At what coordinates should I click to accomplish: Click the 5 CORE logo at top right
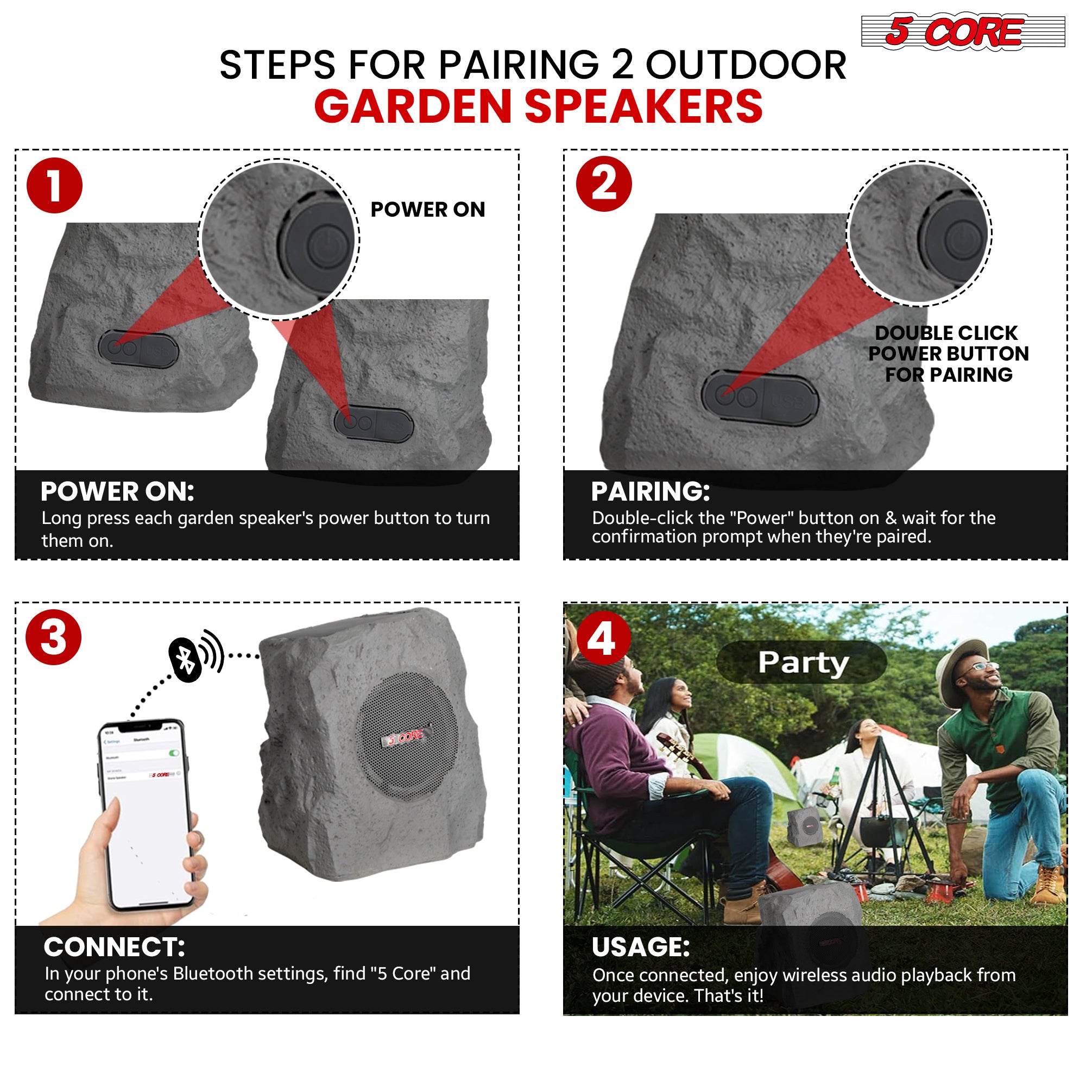(962, 32)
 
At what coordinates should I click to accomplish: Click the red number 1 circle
(54, 186)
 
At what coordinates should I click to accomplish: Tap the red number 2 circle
(604, 184)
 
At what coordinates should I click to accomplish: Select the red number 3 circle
(53, 637)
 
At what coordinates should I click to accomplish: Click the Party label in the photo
(802, 662)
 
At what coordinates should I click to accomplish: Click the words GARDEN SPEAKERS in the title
(538, 107)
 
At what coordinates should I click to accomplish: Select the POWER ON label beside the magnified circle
(427, 210)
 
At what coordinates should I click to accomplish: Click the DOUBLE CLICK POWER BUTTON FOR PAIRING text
(948, 353)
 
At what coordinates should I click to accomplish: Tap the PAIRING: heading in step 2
(651, 492)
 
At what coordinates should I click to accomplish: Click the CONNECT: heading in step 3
(114, 947)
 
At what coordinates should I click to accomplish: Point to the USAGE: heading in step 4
(640, 947)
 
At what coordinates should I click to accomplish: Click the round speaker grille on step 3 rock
(408, 736)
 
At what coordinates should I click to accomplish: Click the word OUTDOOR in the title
(746, 65)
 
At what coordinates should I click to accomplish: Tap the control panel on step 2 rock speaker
(760, 397)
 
